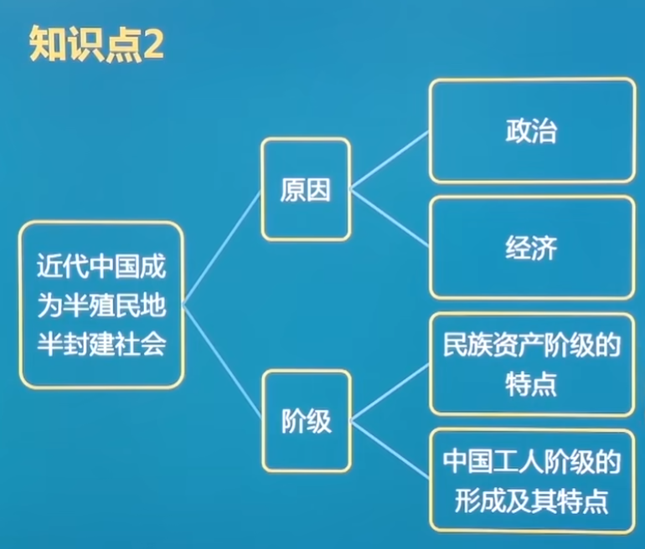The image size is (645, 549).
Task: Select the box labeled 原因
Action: coord(306,190)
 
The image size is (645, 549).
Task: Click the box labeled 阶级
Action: coord(306,422)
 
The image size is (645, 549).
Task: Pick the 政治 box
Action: coord(531,131)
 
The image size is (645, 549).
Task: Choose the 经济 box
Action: coord(531,248)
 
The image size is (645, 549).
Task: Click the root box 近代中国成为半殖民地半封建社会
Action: coord(101,305)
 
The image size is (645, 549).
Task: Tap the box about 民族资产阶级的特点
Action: coord(531,364)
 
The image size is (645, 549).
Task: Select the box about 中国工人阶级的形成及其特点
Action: coord(531,481)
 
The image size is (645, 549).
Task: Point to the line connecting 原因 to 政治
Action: coord(390,162)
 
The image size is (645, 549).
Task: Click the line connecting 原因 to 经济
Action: coord(390,218)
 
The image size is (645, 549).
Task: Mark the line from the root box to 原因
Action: coord(222,247)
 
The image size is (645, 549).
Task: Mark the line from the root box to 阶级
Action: coord(222,362)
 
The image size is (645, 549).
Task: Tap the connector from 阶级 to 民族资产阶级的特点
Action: coord(390,393)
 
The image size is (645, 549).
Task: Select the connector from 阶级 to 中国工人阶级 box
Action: coord(390,449)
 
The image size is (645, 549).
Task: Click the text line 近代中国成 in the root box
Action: coord(101,268)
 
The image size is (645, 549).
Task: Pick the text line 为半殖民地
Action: coord(101,305)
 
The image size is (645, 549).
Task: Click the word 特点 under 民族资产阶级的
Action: coord(531,384)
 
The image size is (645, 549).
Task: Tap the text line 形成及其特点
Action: coord(531,501)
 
